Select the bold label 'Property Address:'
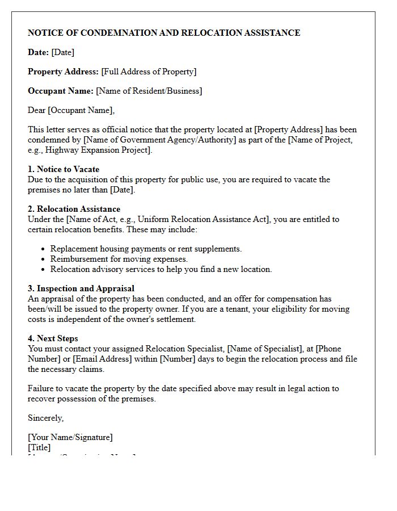[63, 72]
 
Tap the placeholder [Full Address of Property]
[149, 72]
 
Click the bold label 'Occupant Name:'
[61, 91]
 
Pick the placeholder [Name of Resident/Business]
[149, 91]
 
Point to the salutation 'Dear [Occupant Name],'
[71, 110]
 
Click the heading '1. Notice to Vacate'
[64, 169]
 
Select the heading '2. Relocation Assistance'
[74, 209]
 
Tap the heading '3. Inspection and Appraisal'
[81, 288]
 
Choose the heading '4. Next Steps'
[54, 338]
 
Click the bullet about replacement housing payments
[146, 249]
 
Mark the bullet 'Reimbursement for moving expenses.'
[119, 259]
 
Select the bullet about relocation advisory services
[161, 269]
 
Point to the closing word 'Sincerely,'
[46, 418]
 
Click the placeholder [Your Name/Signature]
[70, 437]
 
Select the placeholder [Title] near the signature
[39, 447]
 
